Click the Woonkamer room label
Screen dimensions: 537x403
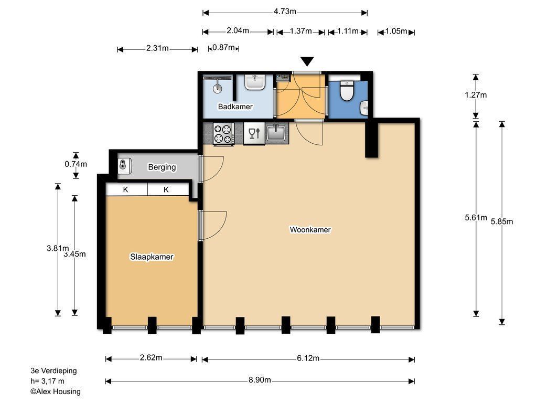(x=310, y=230)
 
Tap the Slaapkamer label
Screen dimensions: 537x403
(x=152, y=257)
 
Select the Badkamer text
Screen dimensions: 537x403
(x=235, y=107)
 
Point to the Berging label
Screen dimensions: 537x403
(x=162, y=167)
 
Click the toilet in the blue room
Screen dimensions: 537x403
(x=347, y=90)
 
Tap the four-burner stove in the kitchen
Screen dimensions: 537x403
(x=223, y=134)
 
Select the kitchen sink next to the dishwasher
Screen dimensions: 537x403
(x=276, y=133)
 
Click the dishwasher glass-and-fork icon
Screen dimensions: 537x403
(x=254, y=133)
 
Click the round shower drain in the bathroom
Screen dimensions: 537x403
(x=217, y=88)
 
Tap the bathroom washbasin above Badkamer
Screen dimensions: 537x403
(x=254, y=82)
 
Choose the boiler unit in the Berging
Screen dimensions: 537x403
(x=124, y=166)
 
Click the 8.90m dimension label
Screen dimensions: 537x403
(x=260, y=380)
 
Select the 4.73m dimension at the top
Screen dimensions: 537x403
(x=285, y=12)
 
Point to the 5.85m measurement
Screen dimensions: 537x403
(x=502, y=222)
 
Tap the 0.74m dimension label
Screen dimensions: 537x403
(x=76, y=164)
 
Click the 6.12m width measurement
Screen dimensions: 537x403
(x=308, y=358)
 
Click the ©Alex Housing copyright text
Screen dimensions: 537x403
(x=56, y=391)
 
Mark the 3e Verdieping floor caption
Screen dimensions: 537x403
(x=54, y=370)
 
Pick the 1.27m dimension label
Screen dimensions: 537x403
(x=476, y=95)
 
